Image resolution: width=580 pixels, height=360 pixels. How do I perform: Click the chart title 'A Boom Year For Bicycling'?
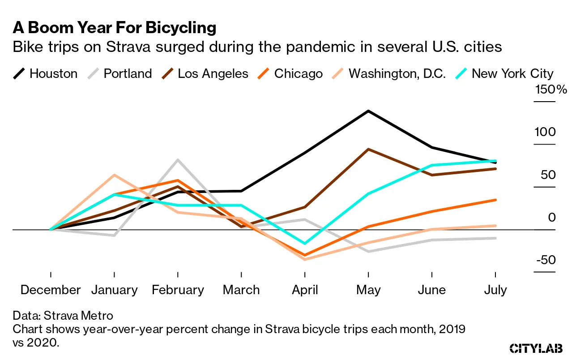115,28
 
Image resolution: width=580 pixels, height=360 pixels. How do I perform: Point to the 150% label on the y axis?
551,90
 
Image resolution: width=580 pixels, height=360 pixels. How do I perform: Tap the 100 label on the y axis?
545,132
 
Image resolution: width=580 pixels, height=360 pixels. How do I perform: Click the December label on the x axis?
51,290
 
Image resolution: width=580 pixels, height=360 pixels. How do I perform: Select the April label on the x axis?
305,290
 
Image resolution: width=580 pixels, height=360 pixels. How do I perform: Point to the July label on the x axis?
495,290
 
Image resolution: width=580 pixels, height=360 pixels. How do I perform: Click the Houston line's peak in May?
368,111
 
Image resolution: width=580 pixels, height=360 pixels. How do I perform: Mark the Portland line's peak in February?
178,160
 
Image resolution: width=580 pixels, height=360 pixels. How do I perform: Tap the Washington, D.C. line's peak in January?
115,175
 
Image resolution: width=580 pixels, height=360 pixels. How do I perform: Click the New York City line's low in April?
305,244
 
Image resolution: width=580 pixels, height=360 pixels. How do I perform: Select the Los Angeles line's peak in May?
368,149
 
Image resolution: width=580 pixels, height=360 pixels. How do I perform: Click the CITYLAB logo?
536,348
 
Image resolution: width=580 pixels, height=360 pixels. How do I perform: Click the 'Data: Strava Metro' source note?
63,316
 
